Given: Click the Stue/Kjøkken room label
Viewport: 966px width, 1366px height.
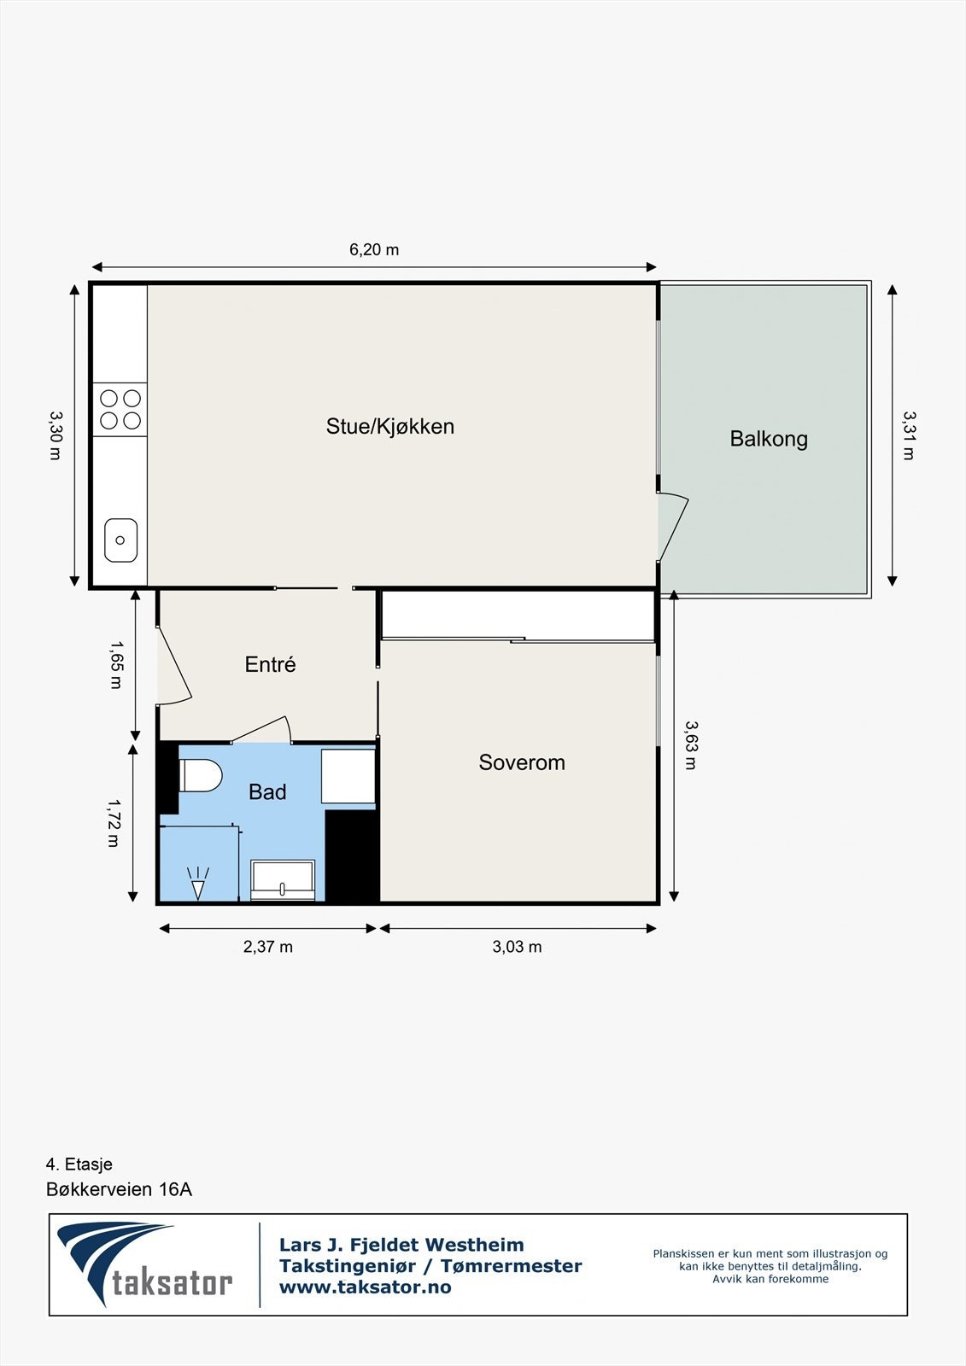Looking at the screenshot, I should (389, 426).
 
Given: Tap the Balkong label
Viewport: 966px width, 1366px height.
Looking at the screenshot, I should (768, 439).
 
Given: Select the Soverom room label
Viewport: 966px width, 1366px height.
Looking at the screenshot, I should (521, 762).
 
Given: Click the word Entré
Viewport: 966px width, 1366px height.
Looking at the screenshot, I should (270, 664).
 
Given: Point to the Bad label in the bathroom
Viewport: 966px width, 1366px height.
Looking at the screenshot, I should (267, 792).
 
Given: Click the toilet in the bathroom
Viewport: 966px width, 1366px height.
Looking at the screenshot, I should (201, 775).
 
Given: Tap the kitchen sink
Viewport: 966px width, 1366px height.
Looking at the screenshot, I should (120, 540).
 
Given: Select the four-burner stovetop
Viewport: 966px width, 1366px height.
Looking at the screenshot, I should (120, 409).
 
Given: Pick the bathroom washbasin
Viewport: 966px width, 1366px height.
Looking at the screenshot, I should (283, 880).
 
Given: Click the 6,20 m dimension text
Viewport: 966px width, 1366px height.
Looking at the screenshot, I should (374, 250).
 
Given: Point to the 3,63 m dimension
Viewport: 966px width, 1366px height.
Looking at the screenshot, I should (691, 745).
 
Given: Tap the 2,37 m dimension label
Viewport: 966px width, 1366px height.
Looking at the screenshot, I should (268, 947).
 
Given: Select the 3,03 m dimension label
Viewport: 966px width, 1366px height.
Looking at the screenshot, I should (517, 947).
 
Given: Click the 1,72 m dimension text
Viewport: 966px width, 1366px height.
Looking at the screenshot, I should (113, 823).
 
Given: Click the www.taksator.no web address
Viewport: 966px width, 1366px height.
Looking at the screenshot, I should (366, 1287).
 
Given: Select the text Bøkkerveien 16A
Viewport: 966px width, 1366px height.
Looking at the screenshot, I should (119, 1189).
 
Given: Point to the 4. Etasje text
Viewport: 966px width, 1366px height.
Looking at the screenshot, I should (79, 1165).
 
